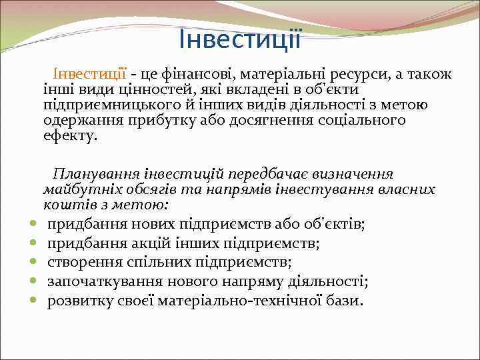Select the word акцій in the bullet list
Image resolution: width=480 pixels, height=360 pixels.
click(x=157, y=243)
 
